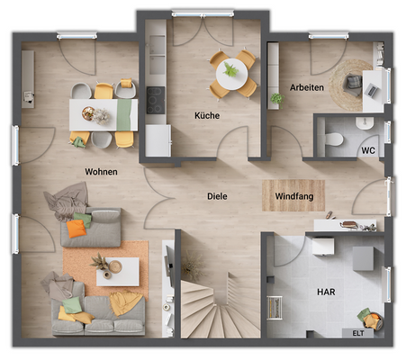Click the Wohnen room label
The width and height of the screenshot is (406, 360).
(102, 171)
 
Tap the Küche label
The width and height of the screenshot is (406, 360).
(207, 115)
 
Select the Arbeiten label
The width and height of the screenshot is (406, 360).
(306, 87)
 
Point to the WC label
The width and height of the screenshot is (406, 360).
(367, 150)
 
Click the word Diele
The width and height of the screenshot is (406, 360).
(217, 195)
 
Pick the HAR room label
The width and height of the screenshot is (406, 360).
(325, 292)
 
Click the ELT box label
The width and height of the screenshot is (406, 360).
(358, 332)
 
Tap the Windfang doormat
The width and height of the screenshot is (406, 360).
(293, 195)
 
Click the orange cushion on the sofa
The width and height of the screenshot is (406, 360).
(77, 229)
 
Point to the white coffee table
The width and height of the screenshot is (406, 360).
(117, 270)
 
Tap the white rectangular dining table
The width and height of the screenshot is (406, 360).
(104, 114)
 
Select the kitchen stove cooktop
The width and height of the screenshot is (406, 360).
(156, 102)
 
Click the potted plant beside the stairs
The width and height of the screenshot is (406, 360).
(191, 266)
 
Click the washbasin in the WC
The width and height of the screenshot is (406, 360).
(365, 123)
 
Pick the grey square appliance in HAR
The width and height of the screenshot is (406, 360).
(363, 259)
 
